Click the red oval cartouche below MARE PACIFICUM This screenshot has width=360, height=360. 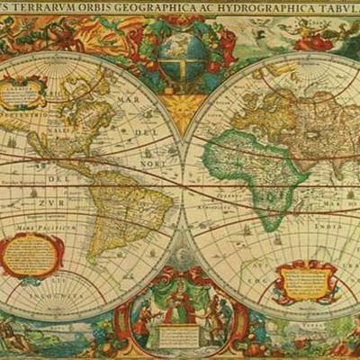31,256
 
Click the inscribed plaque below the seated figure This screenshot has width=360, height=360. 180,334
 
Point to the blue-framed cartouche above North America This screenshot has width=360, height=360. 26,90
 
